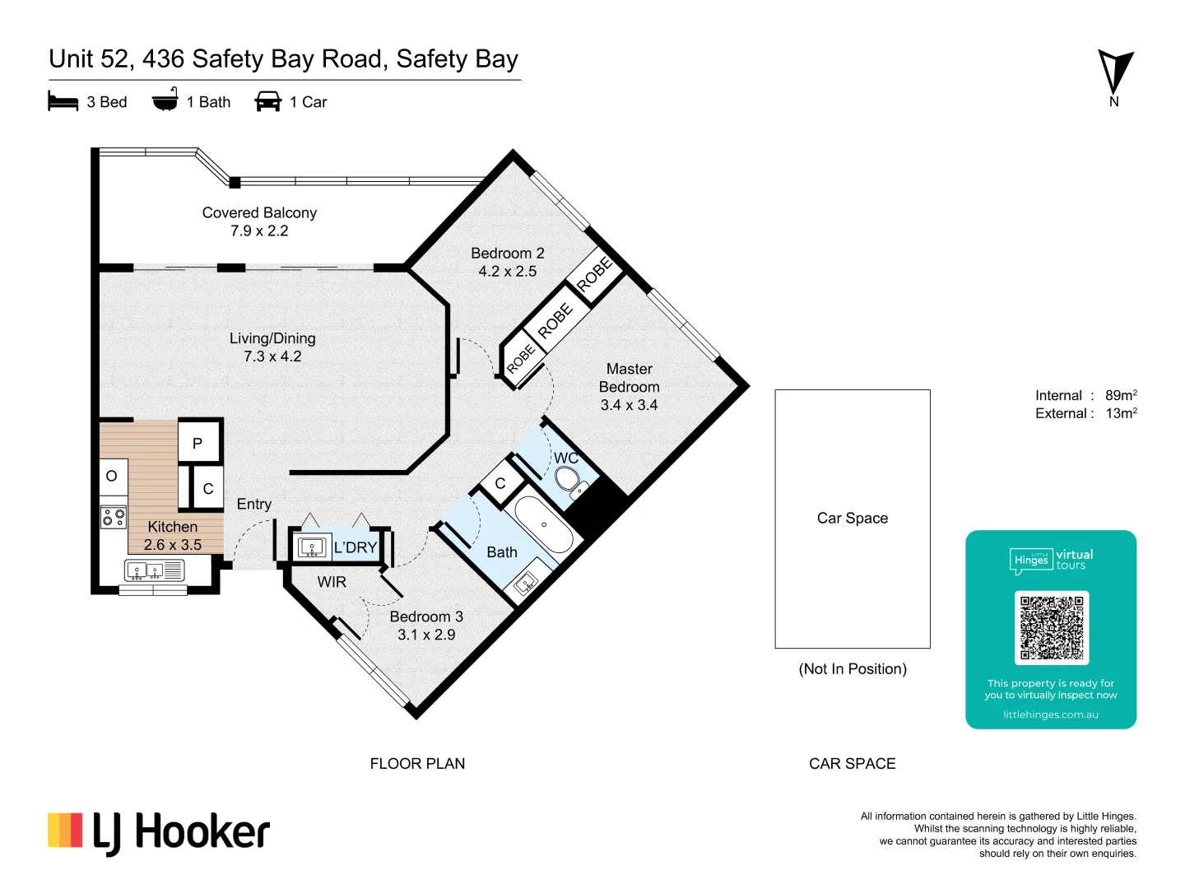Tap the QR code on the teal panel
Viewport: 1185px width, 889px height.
pos(1052,627)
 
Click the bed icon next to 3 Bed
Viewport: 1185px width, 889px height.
pos(63,102)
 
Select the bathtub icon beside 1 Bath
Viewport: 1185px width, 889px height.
pos(165,100)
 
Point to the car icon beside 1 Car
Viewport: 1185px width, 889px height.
pos(268,101)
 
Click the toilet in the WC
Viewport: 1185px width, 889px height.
pos(567,477)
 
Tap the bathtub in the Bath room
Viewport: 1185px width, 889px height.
pos(543,524)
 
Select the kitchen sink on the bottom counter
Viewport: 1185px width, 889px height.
pos(146,570)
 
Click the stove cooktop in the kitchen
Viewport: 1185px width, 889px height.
pos(114,517)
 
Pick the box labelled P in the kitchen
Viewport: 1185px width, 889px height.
pos(198,443)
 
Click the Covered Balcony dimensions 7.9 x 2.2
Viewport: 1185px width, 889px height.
pos(259,231)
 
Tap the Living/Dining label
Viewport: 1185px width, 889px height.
pos(272,338)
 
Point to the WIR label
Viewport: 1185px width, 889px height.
pos(332,582)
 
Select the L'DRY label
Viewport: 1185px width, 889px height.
pos(355,547)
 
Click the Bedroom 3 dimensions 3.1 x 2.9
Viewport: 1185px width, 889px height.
pos(426,635)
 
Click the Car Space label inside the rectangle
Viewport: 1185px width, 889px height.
pos(853,518)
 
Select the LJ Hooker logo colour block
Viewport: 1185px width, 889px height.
pos(65,831)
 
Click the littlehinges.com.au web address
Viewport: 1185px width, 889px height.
pos(1051,714)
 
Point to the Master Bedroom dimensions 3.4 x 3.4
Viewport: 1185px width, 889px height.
pos(630,405)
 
